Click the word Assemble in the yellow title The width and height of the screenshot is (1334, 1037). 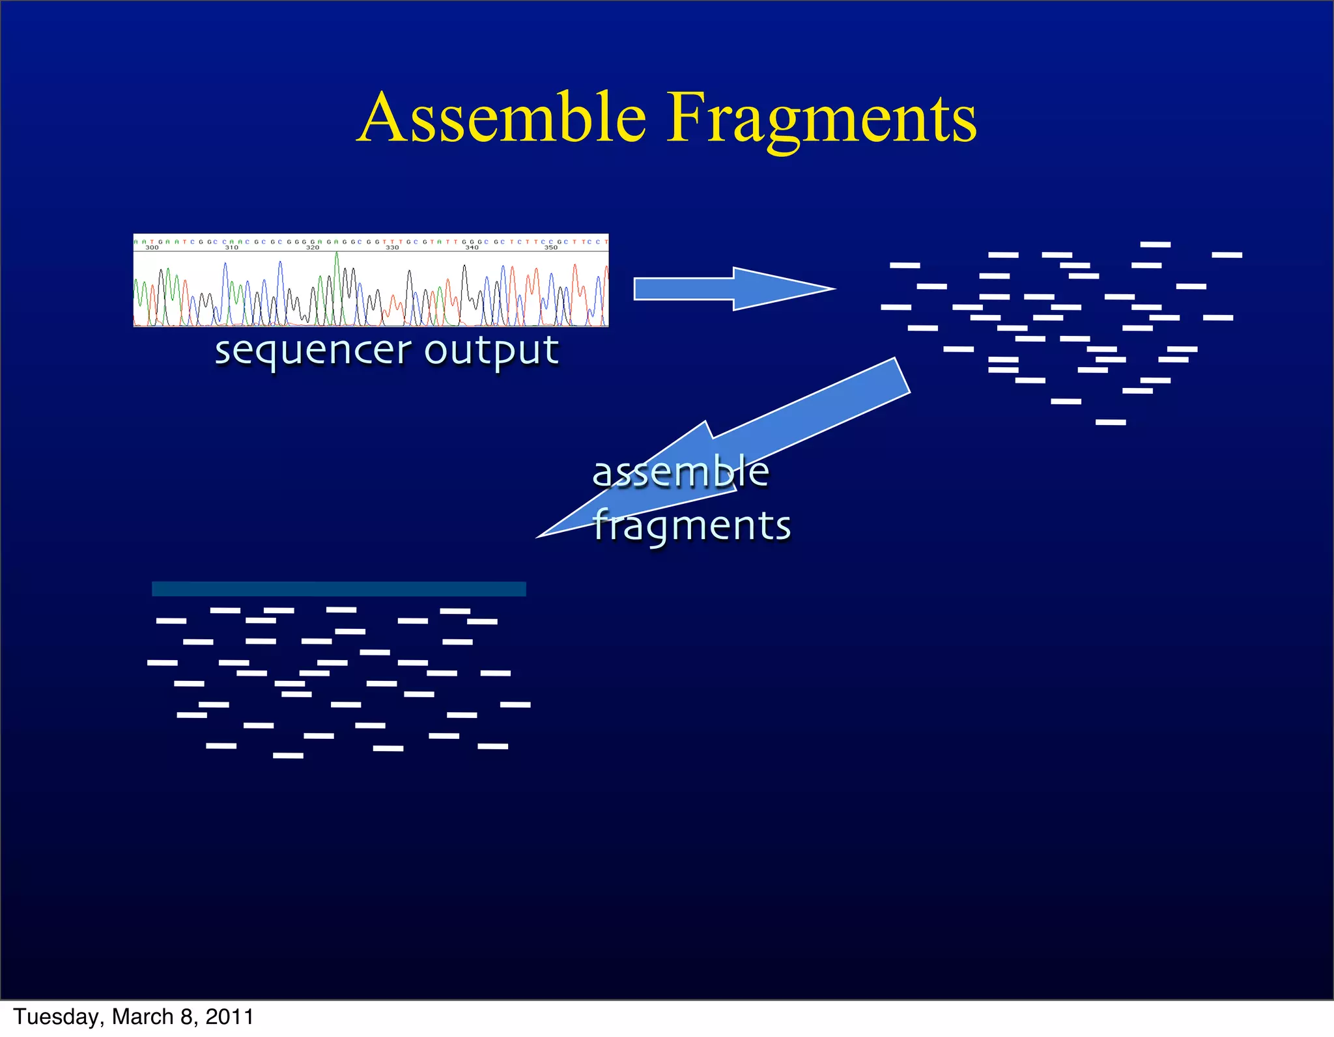pyautogui.click(x=502, y=118)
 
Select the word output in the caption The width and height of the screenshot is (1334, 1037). pyautogui.click(x=492, y=352)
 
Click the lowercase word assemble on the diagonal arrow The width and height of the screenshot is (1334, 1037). pyautogui.click(x=681, y=472)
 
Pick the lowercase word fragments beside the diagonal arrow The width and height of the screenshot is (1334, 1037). pyautogui.click(x=692, y=525)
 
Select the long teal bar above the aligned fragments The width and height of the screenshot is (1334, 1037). pyautogui.click(x=339, y=588)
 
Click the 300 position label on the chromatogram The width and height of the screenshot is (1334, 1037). pyautogui.click(x=152, y=247)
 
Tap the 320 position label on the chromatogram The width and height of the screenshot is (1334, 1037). pyautogui.click(x=313, y=247)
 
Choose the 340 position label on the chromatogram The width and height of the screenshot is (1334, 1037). pyautogui.click(x=472, y=247)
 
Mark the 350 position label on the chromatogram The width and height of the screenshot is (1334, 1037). pyautogui.click(x=551, y=247)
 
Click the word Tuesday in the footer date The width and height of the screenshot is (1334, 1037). pyautogui.click(x=56, y=1017)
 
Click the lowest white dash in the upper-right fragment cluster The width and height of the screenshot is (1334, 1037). pyautogui.click(x=1111, y=422)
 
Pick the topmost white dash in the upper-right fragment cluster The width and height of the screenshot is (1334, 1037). pyautogui.click(x=1156, y=245)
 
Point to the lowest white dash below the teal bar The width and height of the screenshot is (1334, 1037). pyautogui.click(x=288, y=756)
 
